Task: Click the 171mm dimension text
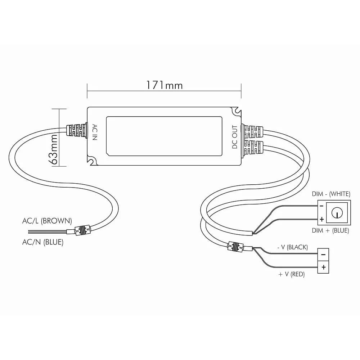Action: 165,85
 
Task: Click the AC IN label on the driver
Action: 95,132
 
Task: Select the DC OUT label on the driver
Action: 235,137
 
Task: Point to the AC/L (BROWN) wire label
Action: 47,221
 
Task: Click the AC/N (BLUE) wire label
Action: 43,242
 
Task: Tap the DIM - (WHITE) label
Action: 331,194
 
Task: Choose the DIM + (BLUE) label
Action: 330,230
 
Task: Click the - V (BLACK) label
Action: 292,247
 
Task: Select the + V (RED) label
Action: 291,274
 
